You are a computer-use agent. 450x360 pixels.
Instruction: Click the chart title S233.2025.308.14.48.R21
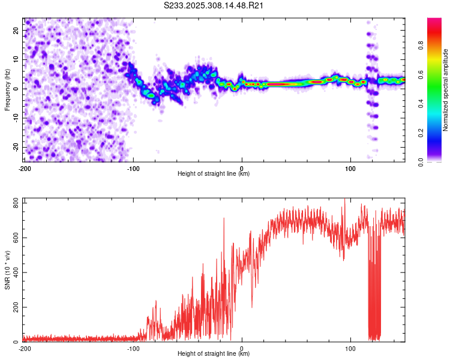point(214,5)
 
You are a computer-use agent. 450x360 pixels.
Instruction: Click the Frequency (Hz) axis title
point(7,90)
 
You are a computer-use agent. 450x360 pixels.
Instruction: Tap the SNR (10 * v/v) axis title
point(7,270)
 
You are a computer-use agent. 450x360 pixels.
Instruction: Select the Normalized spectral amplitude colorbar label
point(445,90)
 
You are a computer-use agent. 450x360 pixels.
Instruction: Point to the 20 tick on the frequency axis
point(16,30)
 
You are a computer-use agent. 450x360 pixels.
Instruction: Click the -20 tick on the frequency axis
point(16,147)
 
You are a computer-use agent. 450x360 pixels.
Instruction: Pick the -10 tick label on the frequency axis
point(16,118)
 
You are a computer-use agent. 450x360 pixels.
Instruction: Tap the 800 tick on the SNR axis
point(16,203)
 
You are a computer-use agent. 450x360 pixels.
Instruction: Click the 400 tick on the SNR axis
point(16,272)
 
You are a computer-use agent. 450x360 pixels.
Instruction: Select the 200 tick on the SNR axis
point(16,307)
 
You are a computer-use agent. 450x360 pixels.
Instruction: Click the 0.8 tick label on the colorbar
point(421,46)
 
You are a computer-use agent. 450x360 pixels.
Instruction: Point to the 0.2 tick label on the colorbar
point(421,133)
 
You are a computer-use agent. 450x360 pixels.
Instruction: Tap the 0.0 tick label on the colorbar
point(421,162)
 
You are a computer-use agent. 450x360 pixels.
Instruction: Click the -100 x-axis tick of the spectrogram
point(133,169)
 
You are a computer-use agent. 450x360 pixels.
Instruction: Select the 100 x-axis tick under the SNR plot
point(350,349)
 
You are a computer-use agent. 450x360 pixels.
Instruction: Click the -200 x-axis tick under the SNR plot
point(25,349)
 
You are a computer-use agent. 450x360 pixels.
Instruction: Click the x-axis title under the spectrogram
point(214,173)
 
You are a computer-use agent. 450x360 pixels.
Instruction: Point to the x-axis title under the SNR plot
point(214,353)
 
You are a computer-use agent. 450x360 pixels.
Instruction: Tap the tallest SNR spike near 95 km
point(344,199)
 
